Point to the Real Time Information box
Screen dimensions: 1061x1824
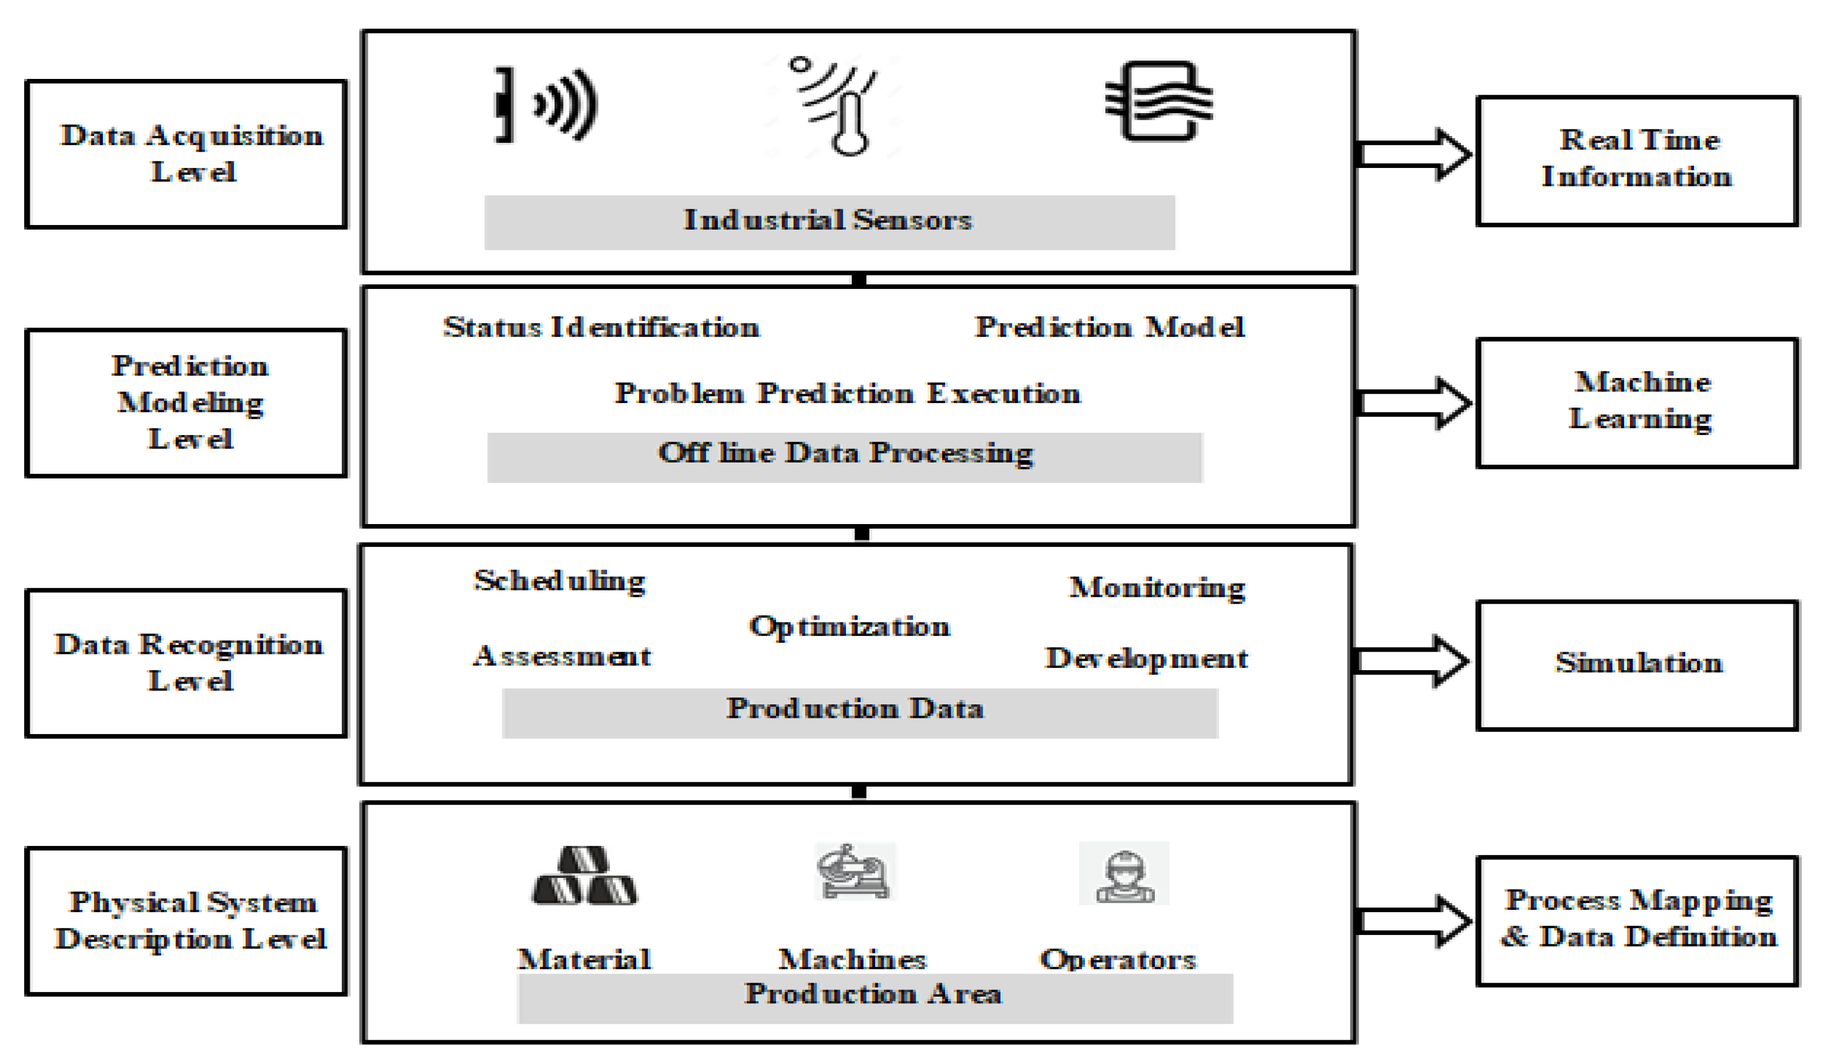(1637, 160)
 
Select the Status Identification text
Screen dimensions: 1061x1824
(601, 328)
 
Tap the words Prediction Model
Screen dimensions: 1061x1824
(1110, 328)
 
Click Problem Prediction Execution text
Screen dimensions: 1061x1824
(848, 393)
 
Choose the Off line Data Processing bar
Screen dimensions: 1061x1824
(845, 456)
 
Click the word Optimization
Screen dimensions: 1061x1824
(849, 627)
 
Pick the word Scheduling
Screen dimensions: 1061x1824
(560, 581)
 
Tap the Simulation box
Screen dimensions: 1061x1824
(1637, 664)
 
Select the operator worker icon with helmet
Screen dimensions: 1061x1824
(1124, 873)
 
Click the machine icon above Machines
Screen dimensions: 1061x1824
(855, 871)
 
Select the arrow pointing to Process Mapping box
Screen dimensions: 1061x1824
(1413, 921)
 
